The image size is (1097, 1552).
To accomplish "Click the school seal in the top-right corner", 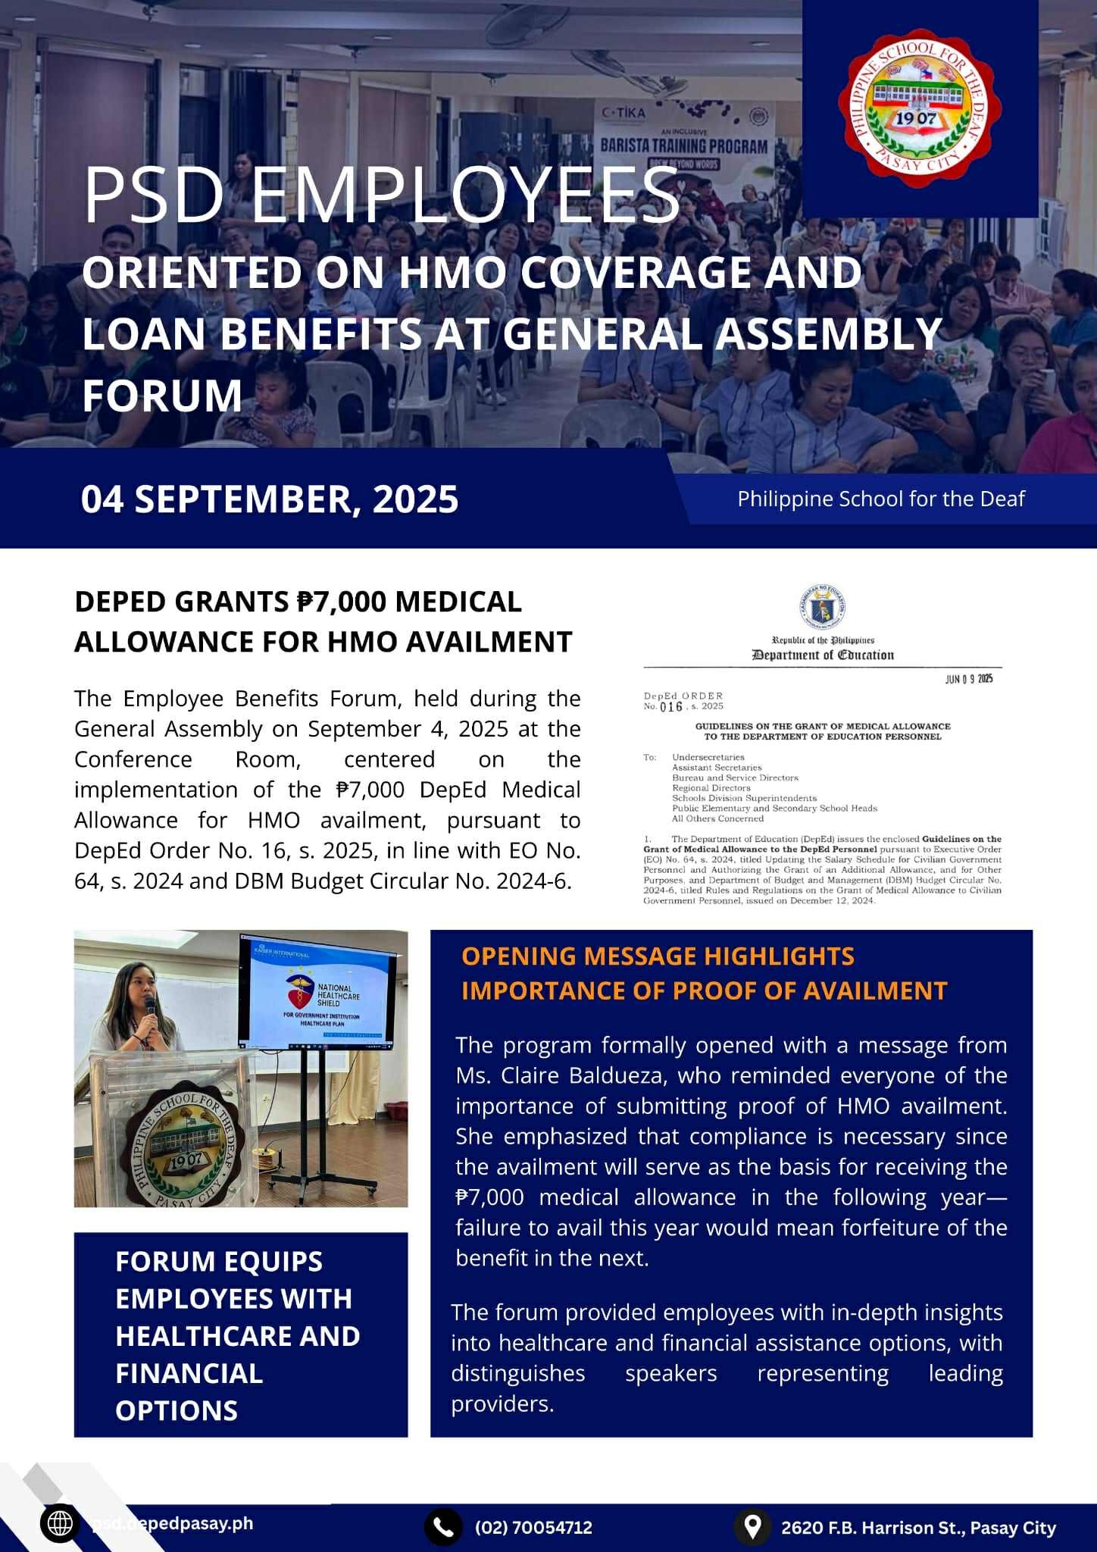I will [x=918, y=108].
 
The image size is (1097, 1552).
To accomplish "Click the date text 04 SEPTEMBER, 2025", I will [x=270, y=499].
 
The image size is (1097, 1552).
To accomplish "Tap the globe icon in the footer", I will [x=60, y=1524].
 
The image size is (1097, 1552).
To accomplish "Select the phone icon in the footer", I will [x=443, y=1526].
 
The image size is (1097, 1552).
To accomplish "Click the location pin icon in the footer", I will [x=752, y=1526].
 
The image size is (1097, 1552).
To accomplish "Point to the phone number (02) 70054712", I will [x=533, y=1527].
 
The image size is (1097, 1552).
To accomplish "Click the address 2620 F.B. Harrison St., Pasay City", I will [x=918, y=1527].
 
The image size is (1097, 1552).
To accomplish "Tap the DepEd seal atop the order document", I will [x=822, y=607].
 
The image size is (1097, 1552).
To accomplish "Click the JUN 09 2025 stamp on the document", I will [x=968, y=679].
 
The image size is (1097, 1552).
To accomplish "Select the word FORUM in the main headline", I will [x=162, y=396].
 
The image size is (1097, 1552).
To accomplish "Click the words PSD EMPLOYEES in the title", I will [x=381, y=196].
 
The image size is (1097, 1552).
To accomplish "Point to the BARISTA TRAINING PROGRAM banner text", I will [x=683, y=145].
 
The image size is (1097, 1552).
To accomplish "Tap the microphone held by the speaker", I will [x=150, y=1008].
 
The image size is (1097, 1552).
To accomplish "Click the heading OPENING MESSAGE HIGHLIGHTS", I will [x=658, y=956].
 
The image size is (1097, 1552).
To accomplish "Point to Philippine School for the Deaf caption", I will [x=880, y=499].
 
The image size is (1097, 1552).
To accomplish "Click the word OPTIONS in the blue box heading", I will [x=177, y=1410].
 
